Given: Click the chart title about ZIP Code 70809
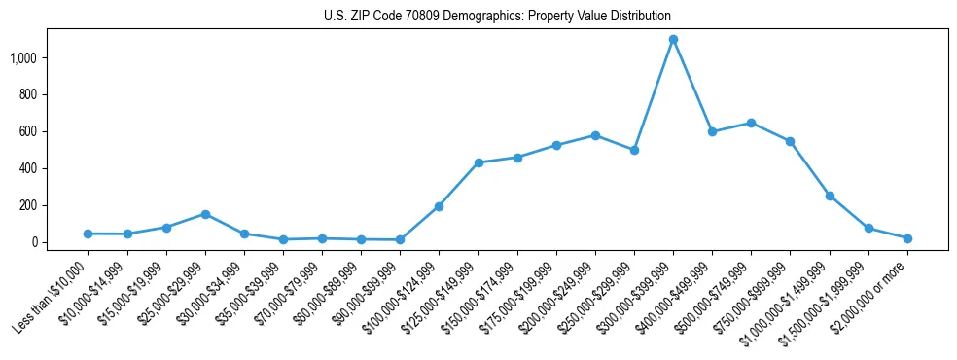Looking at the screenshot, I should point(497,17).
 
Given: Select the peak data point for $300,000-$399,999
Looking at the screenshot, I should point(673,39).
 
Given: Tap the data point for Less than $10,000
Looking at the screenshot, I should point(89,234).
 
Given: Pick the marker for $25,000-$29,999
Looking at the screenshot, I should point(205,214).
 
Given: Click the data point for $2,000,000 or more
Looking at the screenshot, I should point(907,238).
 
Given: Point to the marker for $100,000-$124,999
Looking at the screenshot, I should point(440,206).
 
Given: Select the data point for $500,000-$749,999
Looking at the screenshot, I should point(751,123).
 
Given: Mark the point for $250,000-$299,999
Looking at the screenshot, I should point(634,150).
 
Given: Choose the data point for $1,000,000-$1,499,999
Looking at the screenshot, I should point(830,196).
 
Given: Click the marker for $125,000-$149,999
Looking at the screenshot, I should point(478,162).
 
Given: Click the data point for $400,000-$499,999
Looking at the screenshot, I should point(712,131).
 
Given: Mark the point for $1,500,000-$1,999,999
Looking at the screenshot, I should point(868,229).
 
